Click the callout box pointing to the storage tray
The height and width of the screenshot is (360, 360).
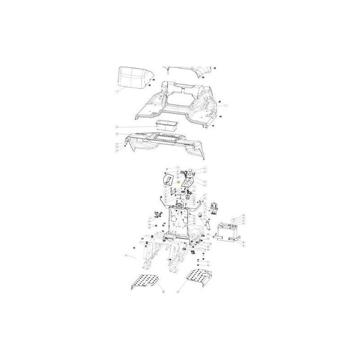pyautogui.click(x=116, y=127)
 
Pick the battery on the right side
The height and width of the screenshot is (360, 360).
pyautogui.click(x=228, y=231)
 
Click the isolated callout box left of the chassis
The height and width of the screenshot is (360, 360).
pyautogui.click(x=126, y=257)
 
